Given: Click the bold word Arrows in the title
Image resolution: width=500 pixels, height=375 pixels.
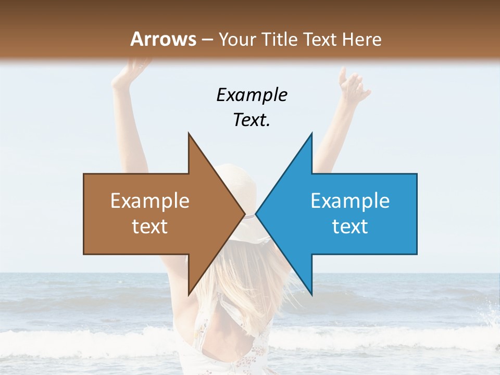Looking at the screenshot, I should pyautogui.click(x=164, y=39).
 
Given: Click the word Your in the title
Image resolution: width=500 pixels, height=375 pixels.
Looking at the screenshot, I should pyautogui.click(x=238, y=39).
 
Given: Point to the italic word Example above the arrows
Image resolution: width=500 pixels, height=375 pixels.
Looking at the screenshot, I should pyautogui.click(x=252, y=95).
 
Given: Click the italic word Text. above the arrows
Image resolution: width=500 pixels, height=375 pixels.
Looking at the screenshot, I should pyautogui.click(x=252, y=120).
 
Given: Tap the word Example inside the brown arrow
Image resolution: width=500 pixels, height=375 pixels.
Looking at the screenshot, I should pyautogui.click(x=150, y=201).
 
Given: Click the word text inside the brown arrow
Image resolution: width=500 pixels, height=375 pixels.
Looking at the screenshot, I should pyautogui.click(x=150, y=227).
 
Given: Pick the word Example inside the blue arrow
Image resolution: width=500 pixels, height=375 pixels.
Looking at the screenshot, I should pyautogui.click(x=350, y=201).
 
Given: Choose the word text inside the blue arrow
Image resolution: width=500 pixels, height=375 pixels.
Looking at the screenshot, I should pyautogui.click(x=350, y=227).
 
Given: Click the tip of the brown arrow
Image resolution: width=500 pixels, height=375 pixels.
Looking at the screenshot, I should pyautogui.click(x=243, y=214).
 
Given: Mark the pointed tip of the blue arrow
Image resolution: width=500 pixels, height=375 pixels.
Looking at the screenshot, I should pyautogui.click(x=257, y=214).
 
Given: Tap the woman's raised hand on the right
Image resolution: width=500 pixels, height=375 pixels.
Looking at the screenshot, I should pyautogui.click(x=352, y=83).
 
